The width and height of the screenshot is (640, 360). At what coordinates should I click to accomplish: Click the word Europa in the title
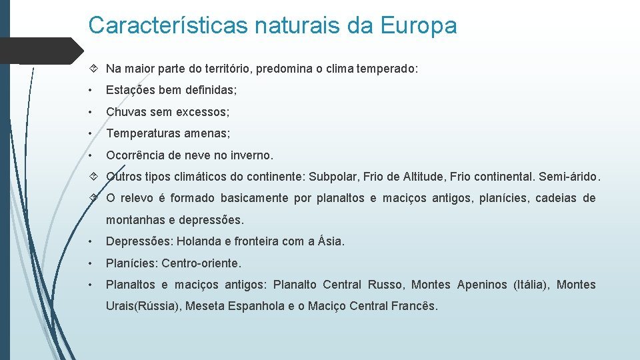tap(419, 25)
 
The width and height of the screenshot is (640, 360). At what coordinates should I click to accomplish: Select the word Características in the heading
tap(169, 25)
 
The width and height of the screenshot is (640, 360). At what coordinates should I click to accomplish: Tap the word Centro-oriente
tap(201, 263)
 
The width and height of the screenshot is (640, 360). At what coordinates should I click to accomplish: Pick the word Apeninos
tap(482, 285)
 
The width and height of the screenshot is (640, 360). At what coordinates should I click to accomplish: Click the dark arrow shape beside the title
tap(40, 51)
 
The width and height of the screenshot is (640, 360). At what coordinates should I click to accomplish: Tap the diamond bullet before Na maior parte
tap(93, 69)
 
